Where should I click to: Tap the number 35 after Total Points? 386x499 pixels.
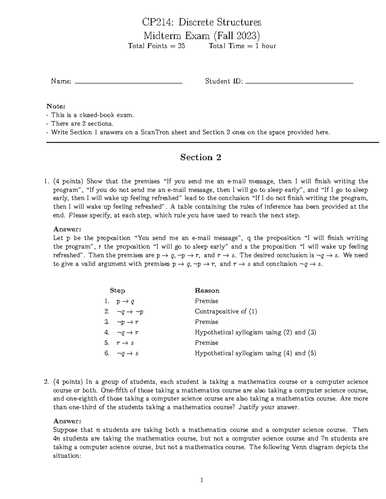181,46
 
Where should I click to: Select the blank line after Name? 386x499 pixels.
128,83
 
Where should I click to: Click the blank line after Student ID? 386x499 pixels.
299,83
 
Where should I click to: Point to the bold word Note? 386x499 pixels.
56,106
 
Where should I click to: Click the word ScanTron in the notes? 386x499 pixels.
153,132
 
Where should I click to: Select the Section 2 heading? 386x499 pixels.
200,157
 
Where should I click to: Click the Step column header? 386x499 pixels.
117,290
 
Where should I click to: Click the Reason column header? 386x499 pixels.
207,290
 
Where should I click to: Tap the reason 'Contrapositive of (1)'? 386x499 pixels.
226,311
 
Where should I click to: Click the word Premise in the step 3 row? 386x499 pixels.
207,322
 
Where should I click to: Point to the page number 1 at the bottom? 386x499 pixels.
202,480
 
